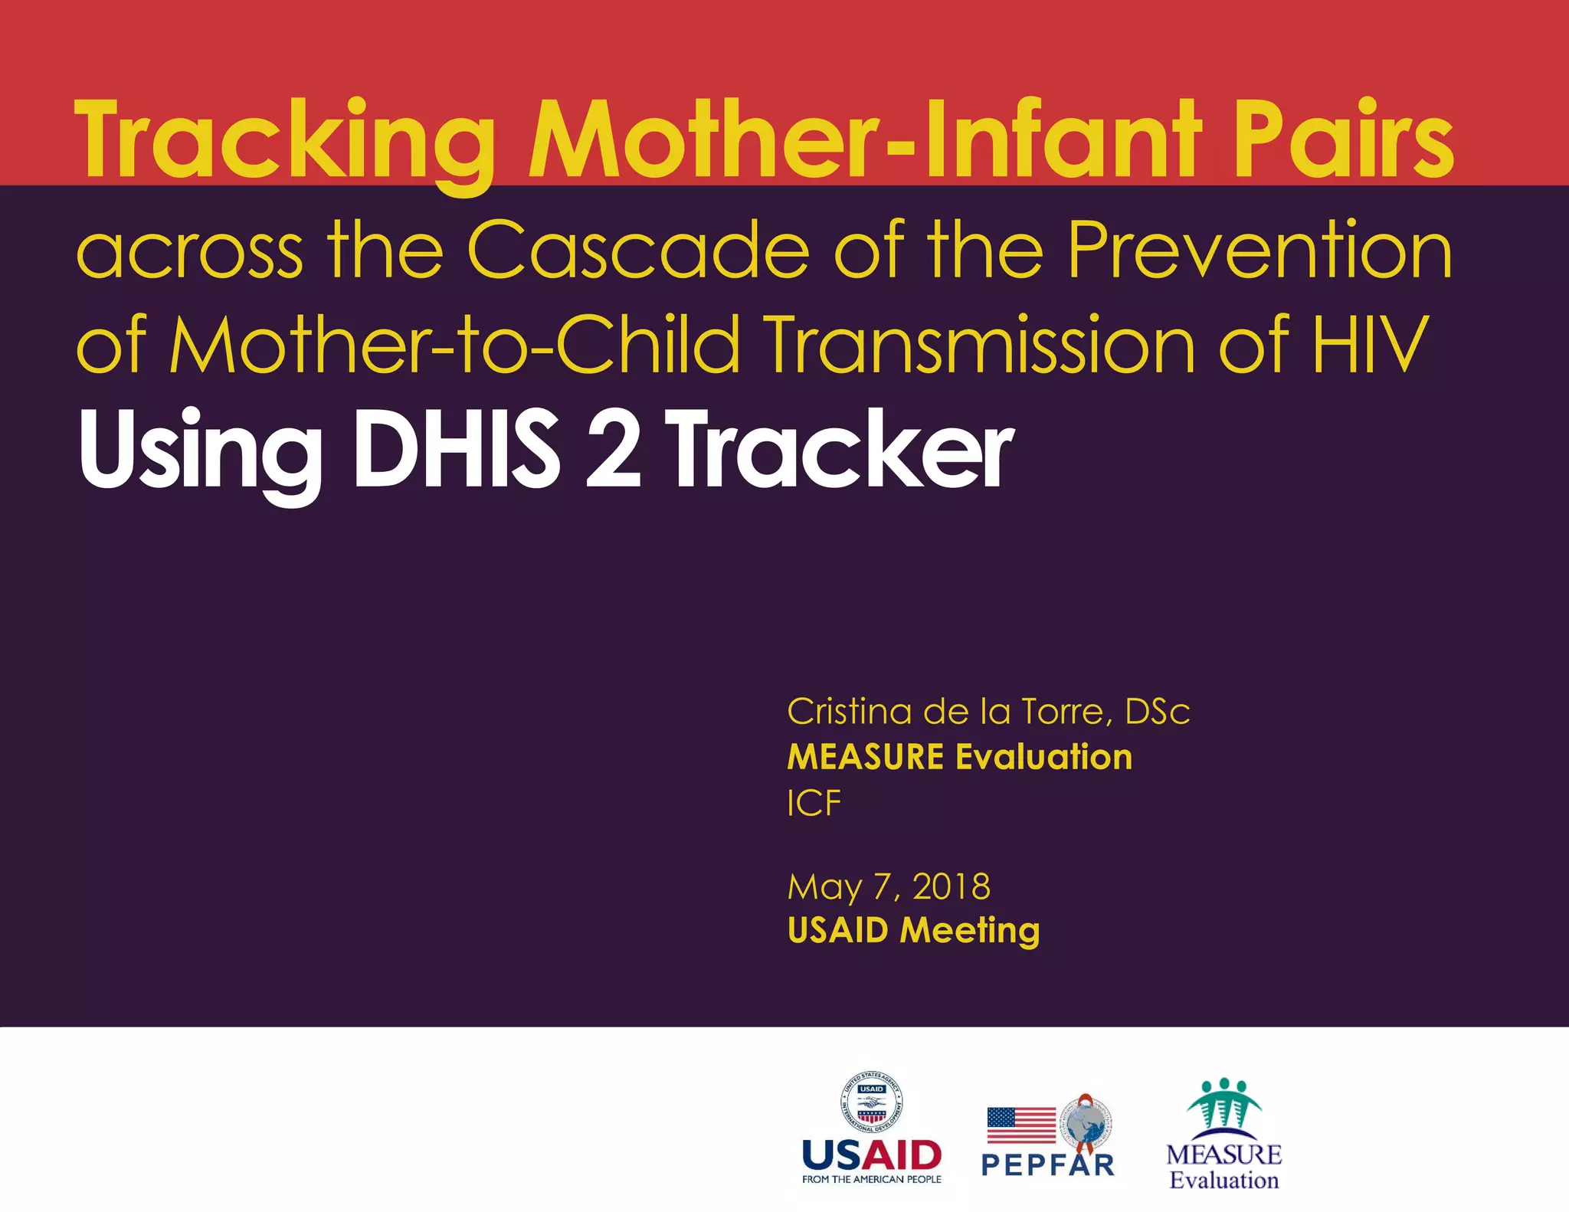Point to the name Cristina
pyautogui.click(x=850, y=712)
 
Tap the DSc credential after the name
pyautogui.click(x=1158, y=712)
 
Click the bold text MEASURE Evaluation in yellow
pyautogui.click(x=959, y=757)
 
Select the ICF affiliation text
pyautogui.click(x=814, y=803)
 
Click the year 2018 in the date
pyautogui.click(x=952, y=886)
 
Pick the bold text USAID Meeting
pyautogui.click(x=913, y=930)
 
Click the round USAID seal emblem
pyautogui.click(x=872, y=1102)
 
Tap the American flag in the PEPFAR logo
pyautogui.click(x=1021, y=1125)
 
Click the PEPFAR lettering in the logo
pyautogui.click(x=1047, y=1165)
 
